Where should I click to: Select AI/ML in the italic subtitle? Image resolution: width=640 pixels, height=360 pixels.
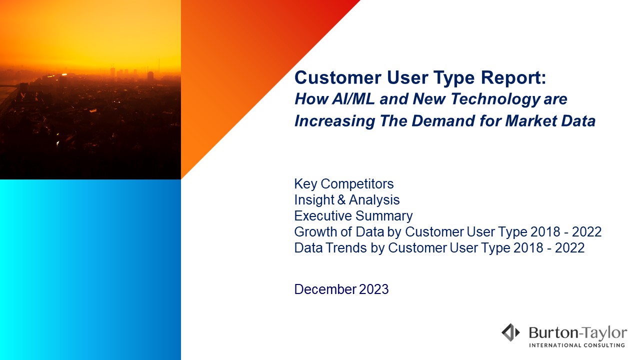[x=353, y=99]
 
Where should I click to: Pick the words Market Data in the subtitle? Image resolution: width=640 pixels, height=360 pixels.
[x=550, y=121]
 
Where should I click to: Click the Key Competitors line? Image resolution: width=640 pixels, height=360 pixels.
[x=344, y=184]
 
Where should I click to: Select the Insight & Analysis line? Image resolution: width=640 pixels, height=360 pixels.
[x=347, y=200]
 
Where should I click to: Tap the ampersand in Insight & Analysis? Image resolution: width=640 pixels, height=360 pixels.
[x=341, y=200]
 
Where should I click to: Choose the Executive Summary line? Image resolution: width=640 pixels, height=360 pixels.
[x=353, y=216]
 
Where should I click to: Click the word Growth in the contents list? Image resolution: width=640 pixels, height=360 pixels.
[x=315, y=232]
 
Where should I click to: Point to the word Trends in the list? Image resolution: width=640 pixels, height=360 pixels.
[x=346, y=248]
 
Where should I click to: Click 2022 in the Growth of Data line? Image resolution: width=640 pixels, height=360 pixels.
[x=586, y=232]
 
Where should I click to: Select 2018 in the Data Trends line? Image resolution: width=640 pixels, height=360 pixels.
[x=528, y=248]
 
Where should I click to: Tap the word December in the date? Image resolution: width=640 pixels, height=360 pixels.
[x=325, y=289]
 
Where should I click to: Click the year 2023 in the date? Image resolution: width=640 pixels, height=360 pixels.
[x=373, y=289]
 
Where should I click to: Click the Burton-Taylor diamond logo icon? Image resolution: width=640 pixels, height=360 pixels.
[x=511, y=332]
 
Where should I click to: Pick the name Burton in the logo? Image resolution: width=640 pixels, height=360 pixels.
[x=553, y=333]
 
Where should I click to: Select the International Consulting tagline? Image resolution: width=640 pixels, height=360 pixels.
[x=577, y=345]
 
